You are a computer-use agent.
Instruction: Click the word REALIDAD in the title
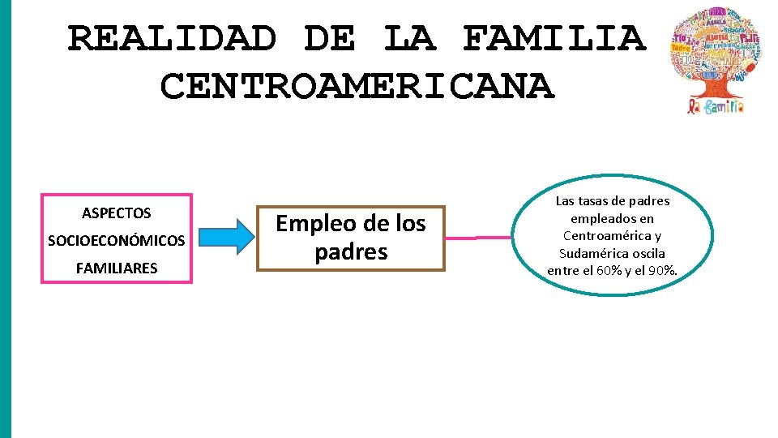(x=172, y=38)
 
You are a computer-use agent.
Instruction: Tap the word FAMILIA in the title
(x=554, y=38)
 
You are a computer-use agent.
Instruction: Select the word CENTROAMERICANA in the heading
(x=357, y=86)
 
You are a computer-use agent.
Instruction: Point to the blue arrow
(x=227, y=236)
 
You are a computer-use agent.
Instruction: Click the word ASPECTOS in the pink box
(x=117, y=213)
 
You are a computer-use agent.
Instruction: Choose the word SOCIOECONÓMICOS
(x=117, y=241)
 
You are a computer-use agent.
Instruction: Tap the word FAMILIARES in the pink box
(x=117, y=268)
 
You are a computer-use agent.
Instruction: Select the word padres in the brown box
(x=351, y=251)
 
